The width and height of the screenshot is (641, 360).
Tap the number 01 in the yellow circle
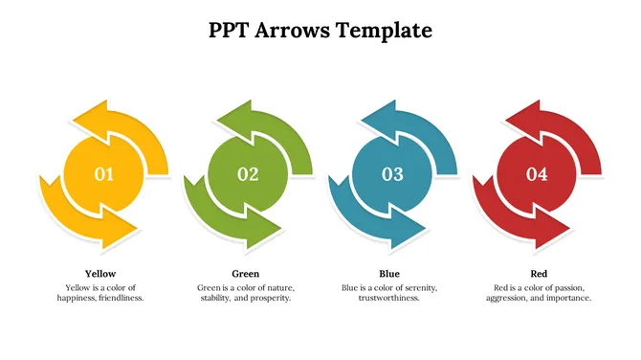[x=103, y=174]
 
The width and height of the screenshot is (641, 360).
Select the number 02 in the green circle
[x=248, y=174]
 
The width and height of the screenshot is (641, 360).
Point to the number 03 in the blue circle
[x=392, y=174]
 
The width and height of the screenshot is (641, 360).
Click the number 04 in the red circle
[x=537, y=174]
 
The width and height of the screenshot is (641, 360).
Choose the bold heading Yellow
[x=100, y=273]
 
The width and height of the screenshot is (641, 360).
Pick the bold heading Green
[x=246, y=273]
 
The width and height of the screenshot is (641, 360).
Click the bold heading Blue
[x=389, y=273]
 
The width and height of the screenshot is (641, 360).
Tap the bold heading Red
[x=539, y=273]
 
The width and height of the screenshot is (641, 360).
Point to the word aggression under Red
[x=509, y=298]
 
